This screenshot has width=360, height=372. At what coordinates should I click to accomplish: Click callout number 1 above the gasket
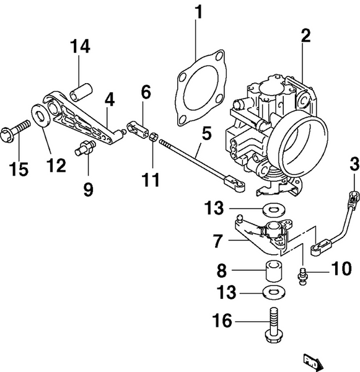pos(198,12)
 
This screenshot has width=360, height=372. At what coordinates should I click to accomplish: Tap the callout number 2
pos(305,35)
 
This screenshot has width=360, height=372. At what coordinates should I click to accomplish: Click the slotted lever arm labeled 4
pos(81,118)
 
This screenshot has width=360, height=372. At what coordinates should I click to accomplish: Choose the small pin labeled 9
pos(84,149)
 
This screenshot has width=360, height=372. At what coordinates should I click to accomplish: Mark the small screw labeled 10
pos(303,275)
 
